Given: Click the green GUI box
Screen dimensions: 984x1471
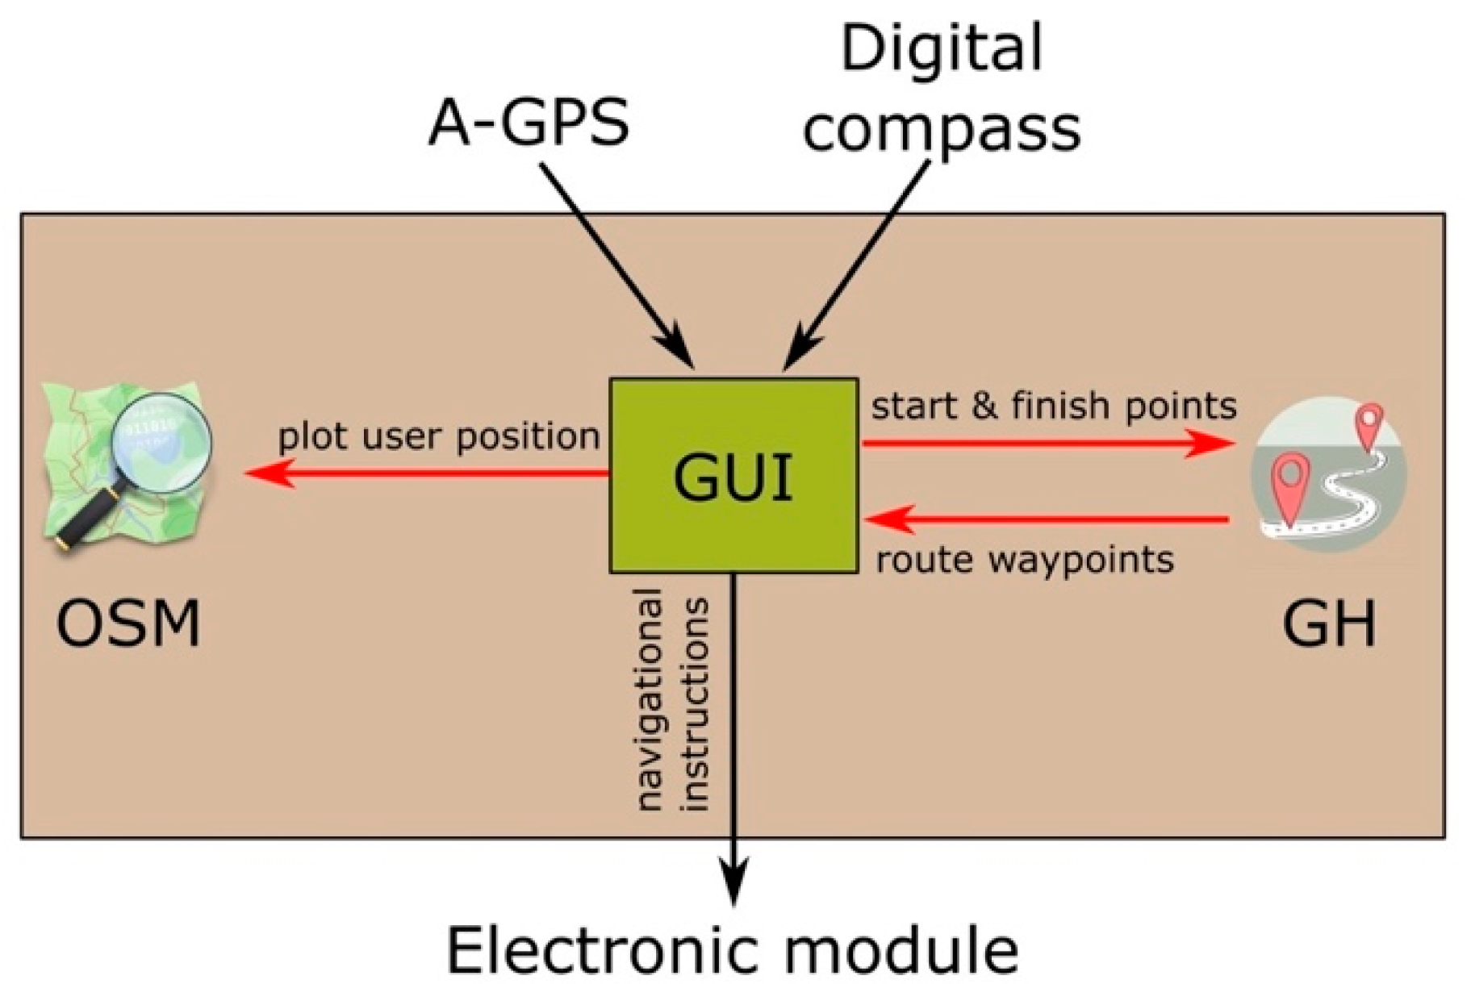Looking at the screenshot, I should pyautogui.click(x=733, y=476).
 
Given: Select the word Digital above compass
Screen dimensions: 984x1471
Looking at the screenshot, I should pyautogui.click(x=941, y=48).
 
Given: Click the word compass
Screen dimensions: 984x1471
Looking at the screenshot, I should pyautogui.click(x=941, y=129).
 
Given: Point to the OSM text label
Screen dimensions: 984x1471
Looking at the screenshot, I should pyautogui.click(x=127, y=624).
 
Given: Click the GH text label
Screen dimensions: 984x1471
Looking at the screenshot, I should pyautogui.click(x=1329, y=624).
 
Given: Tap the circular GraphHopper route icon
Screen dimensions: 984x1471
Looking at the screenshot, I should pyautogui.click(x=1329, y=476).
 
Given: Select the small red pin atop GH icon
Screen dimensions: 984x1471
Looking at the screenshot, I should pyautogui.click(x=1369, y=424).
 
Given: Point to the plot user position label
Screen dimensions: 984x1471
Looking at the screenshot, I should pyautogui.click(x=438, y=437).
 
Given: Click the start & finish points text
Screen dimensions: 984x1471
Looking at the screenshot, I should pyautogui.click(x=1053, y=405).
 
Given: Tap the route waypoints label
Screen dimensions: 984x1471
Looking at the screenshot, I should pyautogui.click(x=1025, y=559).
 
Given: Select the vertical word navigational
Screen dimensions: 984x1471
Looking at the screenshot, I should pyautogui.click(x=648, y=698).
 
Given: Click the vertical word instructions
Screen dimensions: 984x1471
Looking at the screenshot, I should pyautogui.click(x=695, y=703).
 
